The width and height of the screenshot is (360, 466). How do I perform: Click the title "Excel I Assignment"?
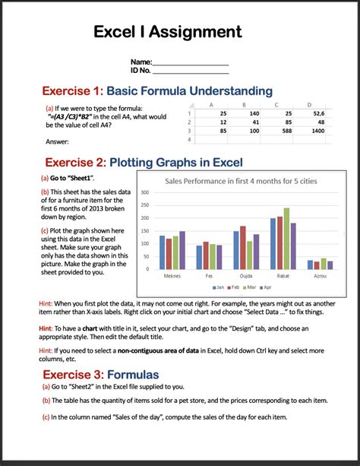click(167, 31)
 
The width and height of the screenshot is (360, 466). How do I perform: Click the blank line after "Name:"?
click(191, 62)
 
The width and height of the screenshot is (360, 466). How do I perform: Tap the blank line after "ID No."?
click(191, 71)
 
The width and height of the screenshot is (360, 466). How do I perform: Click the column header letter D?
click(308, 103)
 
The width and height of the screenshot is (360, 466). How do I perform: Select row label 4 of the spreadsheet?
click(187, 140)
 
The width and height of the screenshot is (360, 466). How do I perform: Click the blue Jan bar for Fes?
click(199, 257)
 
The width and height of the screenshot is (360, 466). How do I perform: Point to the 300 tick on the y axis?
click(144, 193)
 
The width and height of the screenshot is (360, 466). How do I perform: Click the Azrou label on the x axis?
click(320, 277)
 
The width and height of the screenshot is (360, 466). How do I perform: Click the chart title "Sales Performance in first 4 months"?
click(242, 181)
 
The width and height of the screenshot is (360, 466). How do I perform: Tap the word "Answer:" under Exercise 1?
click(58, 141)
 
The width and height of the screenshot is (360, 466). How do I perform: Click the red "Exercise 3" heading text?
click(74, 375)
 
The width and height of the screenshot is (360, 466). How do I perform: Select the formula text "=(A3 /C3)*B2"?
click(81, 117)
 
